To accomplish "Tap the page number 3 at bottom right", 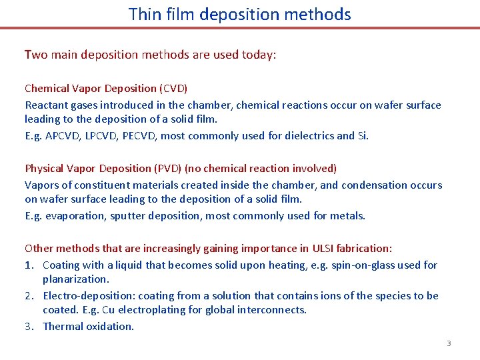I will coord(449,343).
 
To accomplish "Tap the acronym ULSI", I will coord(324,248).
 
